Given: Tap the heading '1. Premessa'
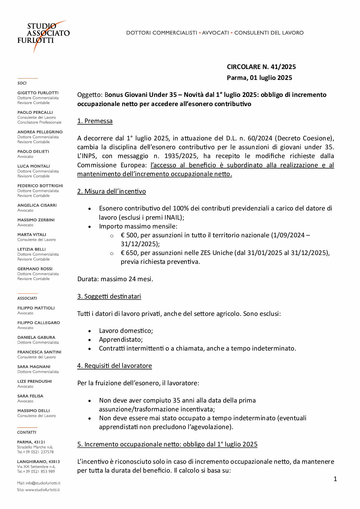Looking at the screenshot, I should point(95,121).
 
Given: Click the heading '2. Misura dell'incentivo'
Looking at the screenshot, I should point(111,191).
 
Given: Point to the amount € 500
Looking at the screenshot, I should point(129,235).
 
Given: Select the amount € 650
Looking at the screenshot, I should point(129,253).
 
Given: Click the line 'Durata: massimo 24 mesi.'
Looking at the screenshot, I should point(115,279).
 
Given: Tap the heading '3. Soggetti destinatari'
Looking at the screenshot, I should point(109,296).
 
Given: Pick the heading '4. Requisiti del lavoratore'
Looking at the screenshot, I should point(114,366).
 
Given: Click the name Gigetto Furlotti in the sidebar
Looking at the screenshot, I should point(38,93).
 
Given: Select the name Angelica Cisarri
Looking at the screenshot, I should point(37,205).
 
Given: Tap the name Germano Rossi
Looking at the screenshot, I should point(35,269).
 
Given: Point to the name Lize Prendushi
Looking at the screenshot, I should point(34,381).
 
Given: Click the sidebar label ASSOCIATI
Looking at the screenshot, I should point(27,298).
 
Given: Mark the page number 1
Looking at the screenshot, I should point(335,479).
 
